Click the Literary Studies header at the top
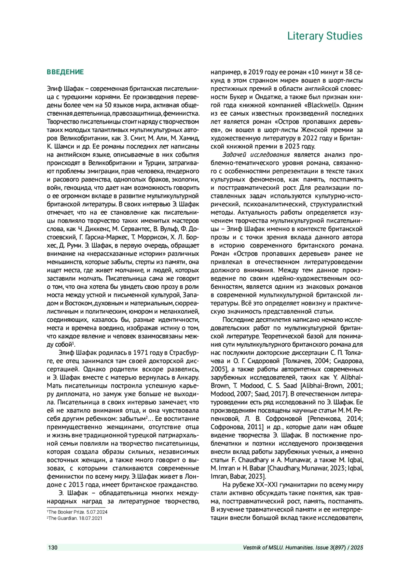[325, 36]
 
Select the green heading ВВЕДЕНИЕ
[65, 72]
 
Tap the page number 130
[53, 548]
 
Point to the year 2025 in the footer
[357, 548]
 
